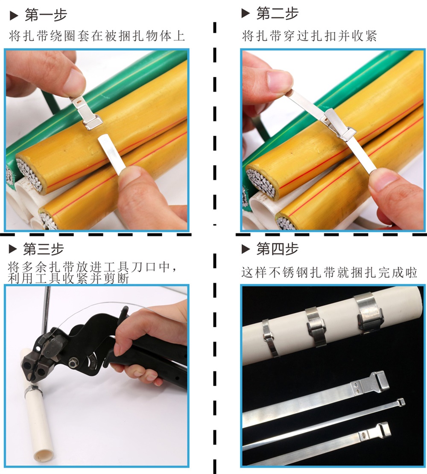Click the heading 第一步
[46, 15]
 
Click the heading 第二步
[277, 13]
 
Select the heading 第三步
[44, 249]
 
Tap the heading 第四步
[277, 248]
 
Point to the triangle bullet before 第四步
[246, 249]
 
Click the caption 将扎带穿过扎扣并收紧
[309, 36]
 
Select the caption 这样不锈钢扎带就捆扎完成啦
[329, 272]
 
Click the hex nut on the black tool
[72, 363]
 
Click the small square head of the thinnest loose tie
[401, 402]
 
